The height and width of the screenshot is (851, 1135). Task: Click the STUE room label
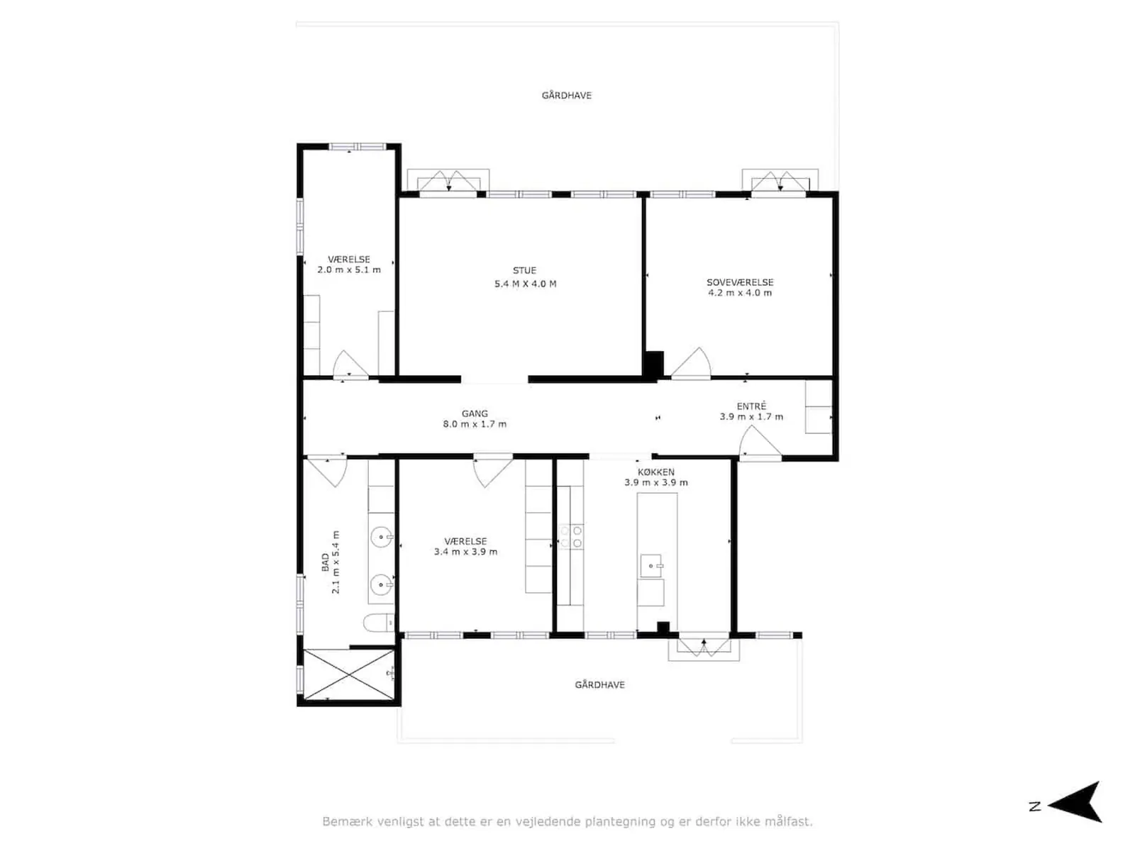(524, 270)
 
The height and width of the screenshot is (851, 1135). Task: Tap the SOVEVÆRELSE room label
(739, 283)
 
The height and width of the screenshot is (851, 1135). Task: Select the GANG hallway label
(474, 413)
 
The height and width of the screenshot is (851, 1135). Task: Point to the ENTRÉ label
(751, 406)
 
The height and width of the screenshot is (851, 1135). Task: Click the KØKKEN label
(655, 472)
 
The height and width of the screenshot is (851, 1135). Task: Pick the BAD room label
(325, 562)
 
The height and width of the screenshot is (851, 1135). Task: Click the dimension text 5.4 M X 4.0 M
(525, 284)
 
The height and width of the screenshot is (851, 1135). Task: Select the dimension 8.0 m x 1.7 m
(474, 424)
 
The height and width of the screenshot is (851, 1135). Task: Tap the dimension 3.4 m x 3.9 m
(465, 552)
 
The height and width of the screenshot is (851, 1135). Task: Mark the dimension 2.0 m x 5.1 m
(348, 269)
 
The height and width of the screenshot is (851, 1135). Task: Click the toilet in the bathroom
(379, 622)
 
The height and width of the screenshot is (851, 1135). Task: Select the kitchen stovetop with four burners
(570, 536)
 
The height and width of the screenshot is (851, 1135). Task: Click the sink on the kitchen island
(650, 566)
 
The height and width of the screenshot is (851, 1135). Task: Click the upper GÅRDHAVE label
(566, 96)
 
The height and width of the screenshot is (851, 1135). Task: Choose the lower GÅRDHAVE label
(599, 685)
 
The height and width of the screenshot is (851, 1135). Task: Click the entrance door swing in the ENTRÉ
(760, 443)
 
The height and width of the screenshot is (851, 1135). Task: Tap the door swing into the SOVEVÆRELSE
(691, 362)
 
